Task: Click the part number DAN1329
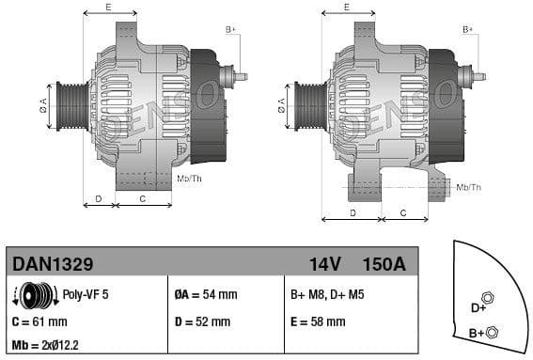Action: point(52,264)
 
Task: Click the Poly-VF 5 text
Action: point(86,294)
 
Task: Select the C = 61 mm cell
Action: point(39,321)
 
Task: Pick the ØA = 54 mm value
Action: point(206,294)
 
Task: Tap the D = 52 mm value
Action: point(202,321)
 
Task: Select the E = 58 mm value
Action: point(318,321)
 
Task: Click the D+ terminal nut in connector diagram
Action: point(487,298)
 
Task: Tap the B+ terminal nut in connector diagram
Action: point(494,330)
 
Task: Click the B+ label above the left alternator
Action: point(230,30)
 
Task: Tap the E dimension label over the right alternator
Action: point(346,7)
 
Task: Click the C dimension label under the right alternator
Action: point(401,212)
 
